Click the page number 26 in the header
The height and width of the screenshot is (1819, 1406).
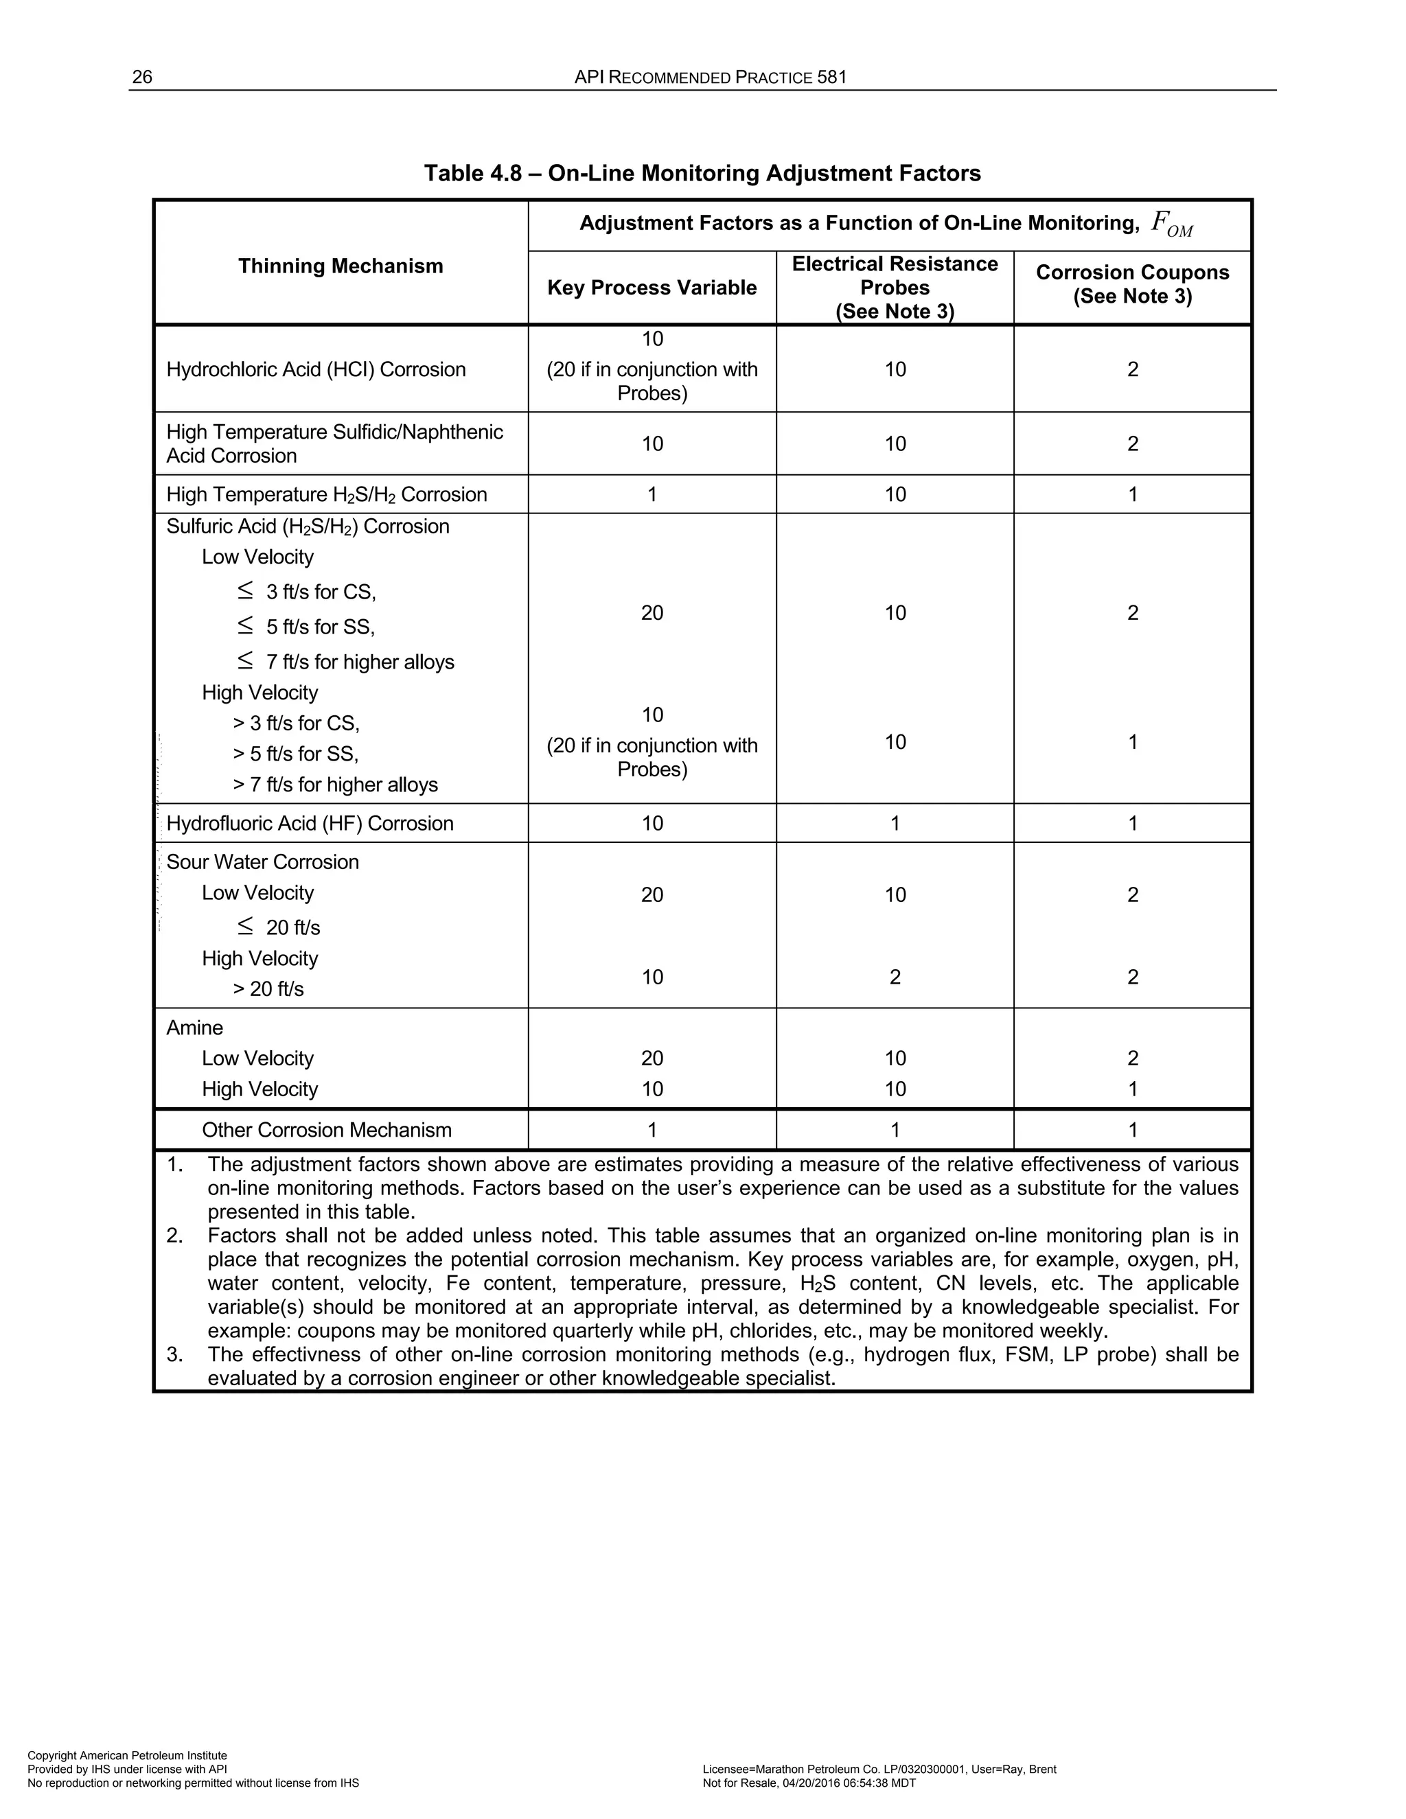click(142, 78)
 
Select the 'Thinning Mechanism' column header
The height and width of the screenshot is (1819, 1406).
click(341, 266)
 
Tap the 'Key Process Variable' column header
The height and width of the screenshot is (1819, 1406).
click(652, 288)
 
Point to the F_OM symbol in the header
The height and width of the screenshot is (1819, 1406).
click(1171, 223)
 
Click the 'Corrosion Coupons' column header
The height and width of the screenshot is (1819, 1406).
click(1132, 273)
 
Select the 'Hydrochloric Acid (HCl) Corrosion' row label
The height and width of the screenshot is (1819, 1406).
click(316, 370)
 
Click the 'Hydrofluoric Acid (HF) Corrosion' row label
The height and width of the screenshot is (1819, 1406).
click(310, 824)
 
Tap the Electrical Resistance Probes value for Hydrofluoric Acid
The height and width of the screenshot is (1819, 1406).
click(895, 824)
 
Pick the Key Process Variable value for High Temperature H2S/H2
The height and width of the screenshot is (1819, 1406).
click(652, 495)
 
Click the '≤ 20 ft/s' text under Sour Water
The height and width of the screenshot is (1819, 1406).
click(278, 927)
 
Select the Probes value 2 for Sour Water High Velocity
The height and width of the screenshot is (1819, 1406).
click(895, 977)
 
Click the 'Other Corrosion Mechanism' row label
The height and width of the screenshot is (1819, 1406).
click(327, 1131)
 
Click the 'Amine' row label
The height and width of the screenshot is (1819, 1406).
click(195, 1028)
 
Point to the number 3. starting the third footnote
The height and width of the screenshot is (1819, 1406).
click(174, 1354)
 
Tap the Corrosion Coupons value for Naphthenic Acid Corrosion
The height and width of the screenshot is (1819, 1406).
click(1132, 444)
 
